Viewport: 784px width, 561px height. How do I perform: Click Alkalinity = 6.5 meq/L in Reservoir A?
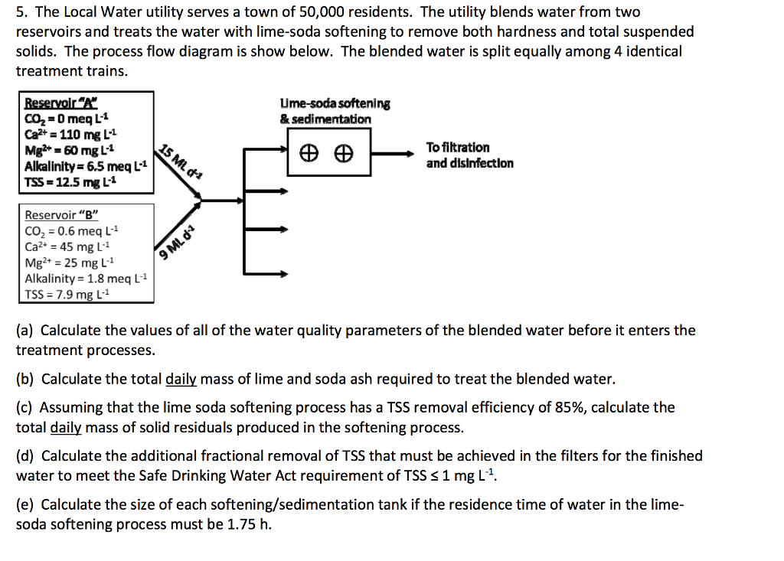pos(84,166)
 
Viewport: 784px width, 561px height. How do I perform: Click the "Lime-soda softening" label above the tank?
pos(335,103)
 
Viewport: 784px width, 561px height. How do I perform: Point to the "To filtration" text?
pos(457,147)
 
